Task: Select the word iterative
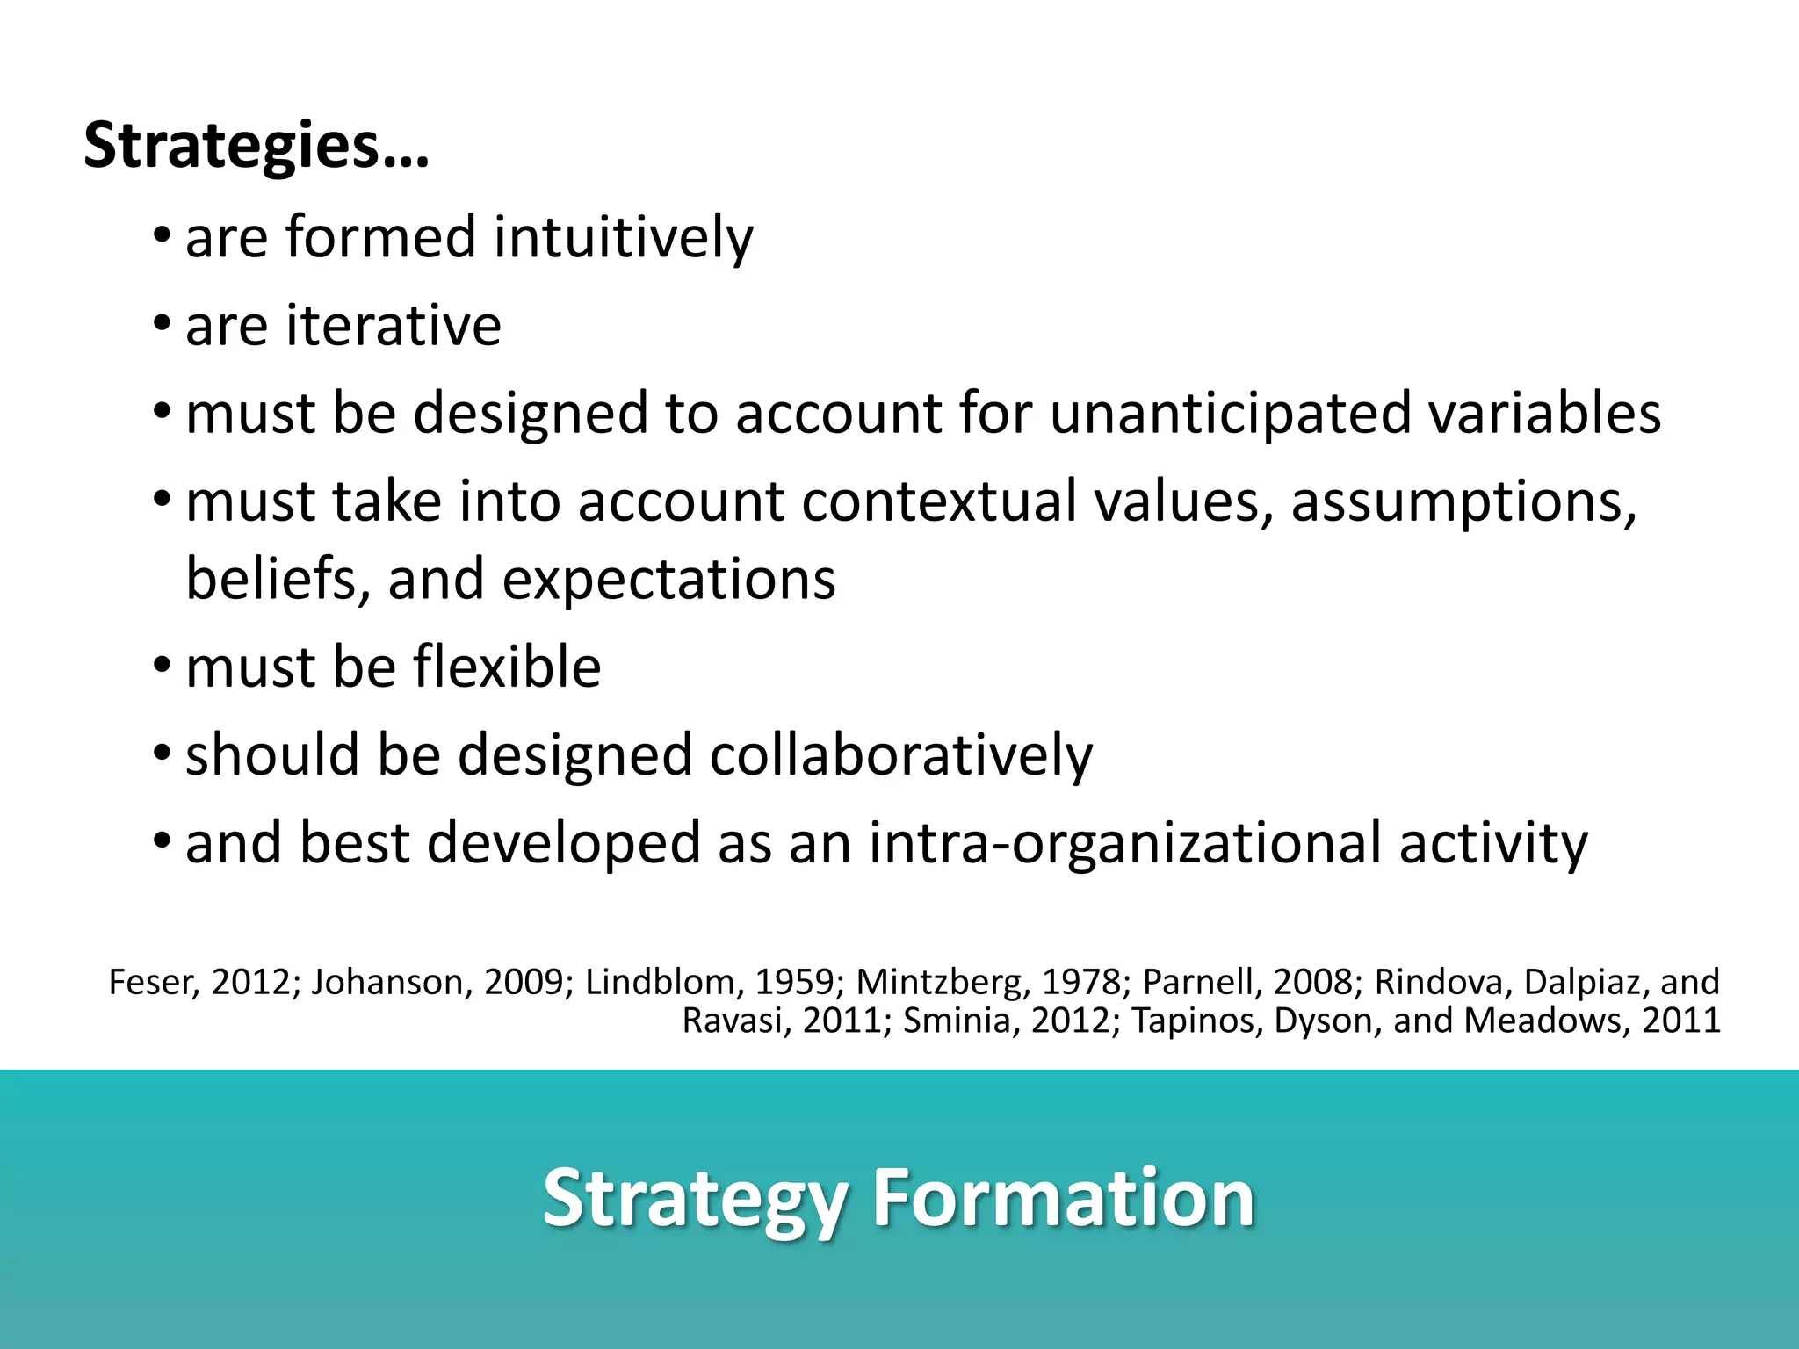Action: coord(394,326)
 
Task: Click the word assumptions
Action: coord(1463,501)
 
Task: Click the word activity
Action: coord(1493,843)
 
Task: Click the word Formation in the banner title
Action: coord(1062,1199)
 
